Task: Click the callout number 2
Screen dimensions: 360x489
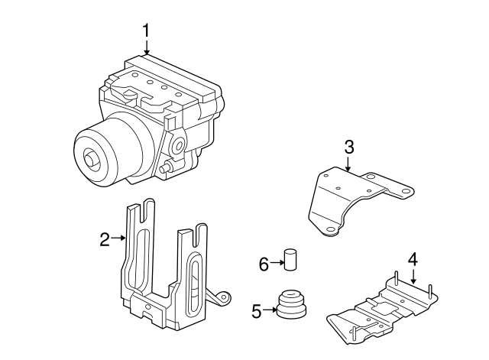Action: pyautogui.click(x=105, y=239)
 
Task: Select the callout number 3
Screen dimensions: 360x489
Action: pyautogui.click(x=348, y=146)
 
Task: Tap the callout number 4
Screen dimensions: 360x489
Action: pyautogui.click(x=413, y=260)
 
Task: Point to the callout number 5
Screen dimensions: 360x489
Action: pyautogui.click(x=257, y=310)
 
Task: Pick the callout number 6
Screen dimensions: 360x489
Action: pyautogui.click(x=264, y=264)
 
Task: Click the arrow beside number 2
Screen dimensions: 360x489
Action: pyautogui.click(x=119, y=238)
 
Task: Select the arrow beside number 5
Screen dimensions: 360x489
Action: pyautogui.click(x=270, y=310)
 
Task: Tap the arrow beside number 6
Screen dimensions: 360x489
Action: pyautogui.click(x=277, y=264)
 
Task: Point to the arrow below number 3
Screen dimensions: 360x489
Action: pyautogui.click(x=348, y=164)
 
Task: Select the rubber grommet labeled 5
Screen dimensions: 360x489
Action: pyautogui.click(x=290, y=304)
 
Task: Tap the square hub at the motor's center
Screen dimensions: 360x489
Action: pyautogui.click(x=93, y=161)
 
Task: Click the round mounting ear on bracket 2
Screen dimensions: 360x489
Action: pyautogui.click(x=223, y=297)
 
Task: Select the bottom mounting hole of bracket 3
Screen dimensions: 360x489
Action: pyautogui.click(x=329, y=228)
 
